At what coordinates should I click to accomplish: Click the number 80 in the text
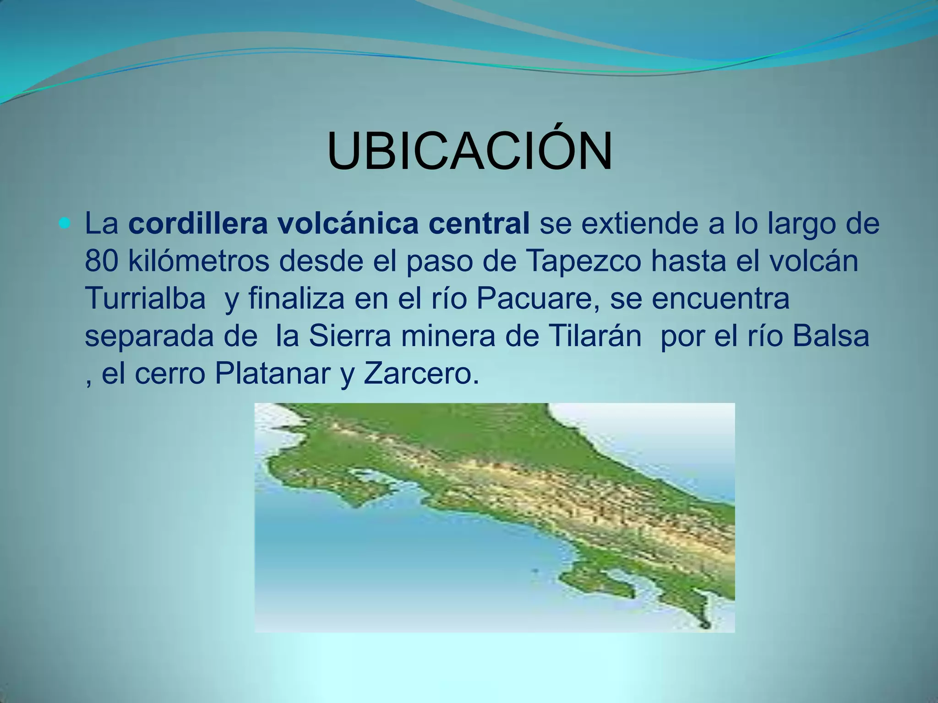point(102,261)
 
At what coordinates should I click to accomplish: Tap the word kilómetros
point(199,261)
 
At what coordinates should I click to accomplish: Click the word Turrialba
point(145,299)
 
